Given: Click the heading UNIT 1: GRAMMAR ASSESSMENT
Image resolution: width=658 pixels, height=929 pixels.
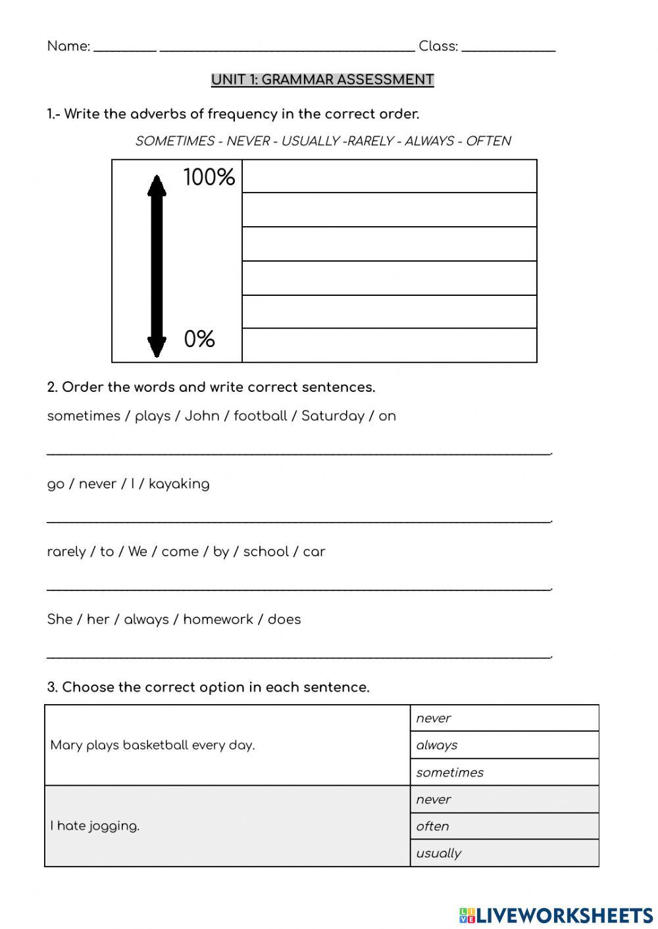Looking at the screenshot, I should (x=322, y=80).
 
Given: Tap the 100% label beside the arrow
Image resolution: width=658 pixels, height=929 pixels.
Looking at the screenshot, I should (x=209, y=178).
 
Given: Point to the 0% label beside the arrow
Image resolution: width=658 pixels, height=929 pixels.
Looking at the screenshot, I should (x=199, y=339).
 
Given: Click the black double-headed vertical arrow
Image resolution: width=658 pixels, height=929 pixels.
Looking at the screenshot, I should (x=157, y=266).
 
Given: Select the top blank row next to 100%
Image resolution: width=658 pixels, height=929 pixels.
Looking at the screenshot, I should (x=389, y=176).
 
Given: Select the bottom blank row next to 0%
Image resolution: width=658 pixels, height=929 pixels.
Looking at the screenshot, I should (x=389, y=345).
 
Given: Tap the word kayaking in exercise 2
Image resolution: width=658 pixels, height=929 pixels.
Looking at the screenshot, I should (x=179, y=485).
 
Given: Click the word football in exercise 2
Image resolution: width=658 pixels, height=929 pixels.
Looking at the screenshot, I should (x=261, y=416).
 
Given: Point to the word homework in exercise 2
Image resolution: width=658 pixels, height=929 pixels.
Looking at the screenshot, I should (x=218, y=619).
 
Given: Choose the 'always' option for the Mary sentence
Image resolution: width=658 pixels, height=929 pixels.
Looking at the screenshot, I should (x=437, y=745).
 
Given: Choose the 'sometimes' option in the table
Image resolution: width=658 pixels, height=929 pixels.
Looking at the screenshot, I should (x=449, y=773).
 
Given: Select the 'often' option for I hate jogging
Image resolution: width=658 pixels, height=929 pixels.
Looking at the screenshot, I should (x=432, y=826).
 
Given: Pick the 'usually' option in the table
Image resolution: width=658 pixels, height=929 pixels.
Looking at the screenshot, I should (x=438, y=853).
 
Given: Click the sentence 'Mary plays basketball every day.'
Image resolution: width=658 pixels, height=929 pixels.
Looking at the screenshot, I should (x=153, y=745).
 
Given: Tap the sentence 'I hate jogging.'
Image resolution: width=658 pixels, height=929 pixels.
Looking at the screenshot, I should (x=95, y=826).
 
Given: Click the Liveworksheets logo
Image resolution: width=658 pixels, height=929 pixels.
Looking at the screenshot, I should (x=556, y=915).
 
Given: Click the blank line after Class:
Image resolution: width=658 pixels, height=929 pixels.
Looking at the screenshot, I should (x=509, y=47).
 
